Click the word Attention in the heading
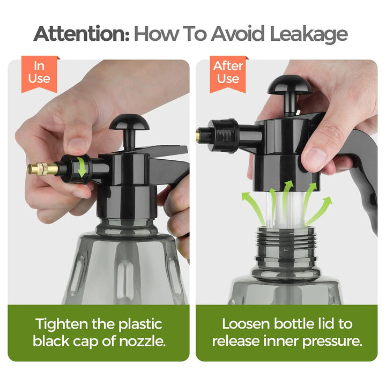(x=81, y=33)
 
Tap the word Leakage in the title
(x=309, y=34)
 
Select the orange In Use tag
(x=39, y=74)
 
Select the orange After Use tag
(x=228, y=74)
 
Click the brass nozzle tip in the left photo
(x=43, y=169)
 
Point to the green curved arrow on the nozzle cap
(x=81, y=167)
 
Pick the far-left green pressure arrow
(x=253, y=207)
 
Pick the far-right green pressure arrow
(x=320, y=210)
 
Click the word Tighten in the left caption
(x=62, y=324)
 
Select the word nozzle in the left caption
(x=142, y=342)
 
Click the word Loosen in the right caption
(x=246, y=324)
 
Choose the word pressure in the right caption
(x=332, y=342)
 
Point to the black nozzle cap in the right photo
(x=223, y=136)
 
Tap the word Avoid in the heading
(x=237, y=33)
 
